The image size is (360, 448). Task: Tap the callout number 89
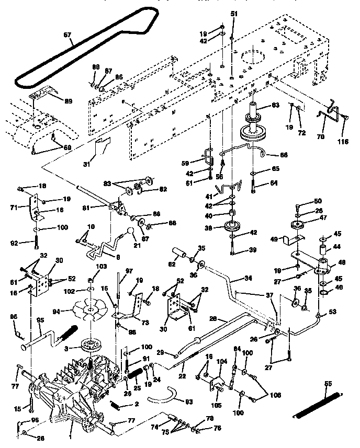coord(68,100)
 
